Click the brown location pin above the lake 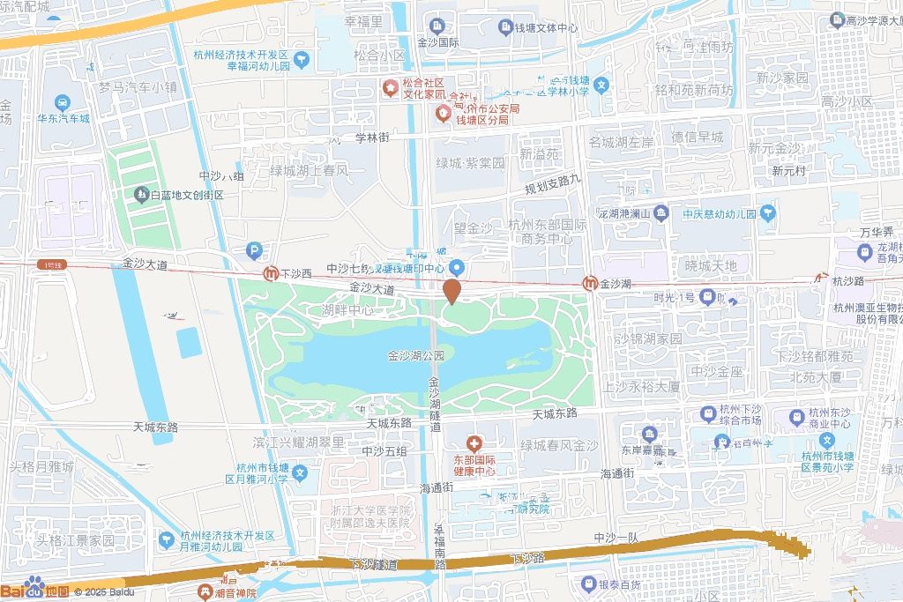451,291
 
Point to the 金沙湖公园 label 415,356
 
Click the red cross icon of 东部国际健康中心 474,442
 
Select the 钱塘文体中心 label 547,28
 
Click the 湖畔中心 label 347,310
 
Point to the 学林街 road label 372,137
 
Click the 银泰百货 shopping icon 588,583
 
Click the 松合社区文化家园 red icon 389,88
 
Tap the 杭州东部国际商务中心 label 548,232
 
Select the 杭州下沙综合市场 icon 707,413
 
